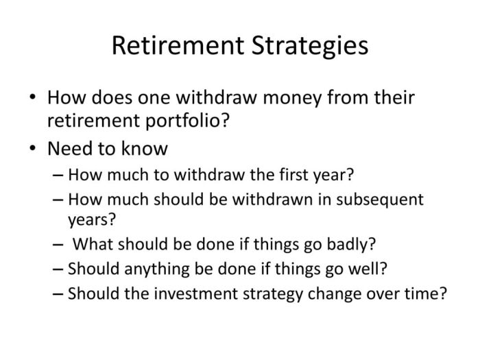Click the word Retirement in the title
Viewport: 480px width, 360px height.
(178, 46)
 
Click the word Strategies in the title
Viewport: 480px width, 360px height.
(310, 47)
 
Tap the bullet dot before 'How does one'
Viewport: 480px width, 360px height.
(33, 97)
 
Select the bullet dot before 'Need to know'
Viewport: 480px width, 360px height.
(33, 148)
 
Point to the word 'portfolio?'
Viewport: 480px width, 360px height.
(187, 120)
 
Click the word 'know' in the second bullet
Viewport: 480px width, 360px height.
(145, 149)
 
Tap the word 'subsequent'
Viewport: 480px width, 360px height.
(380, 200)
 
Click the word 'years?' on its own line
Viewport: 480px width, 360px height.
(92, 220)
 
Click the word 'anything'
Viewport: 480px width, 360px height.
(157, 269)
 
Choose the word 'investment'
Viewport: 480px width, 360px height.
(196, 293)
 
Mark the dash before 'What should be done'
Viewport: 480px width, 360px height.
(58, 245)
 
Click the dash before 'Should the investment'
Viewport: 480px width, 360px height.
(58, 294)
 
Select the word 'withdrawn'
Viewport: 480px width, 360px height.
(273, 200)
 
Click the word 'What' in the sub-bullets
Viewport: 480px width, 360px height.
(93, 244)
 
